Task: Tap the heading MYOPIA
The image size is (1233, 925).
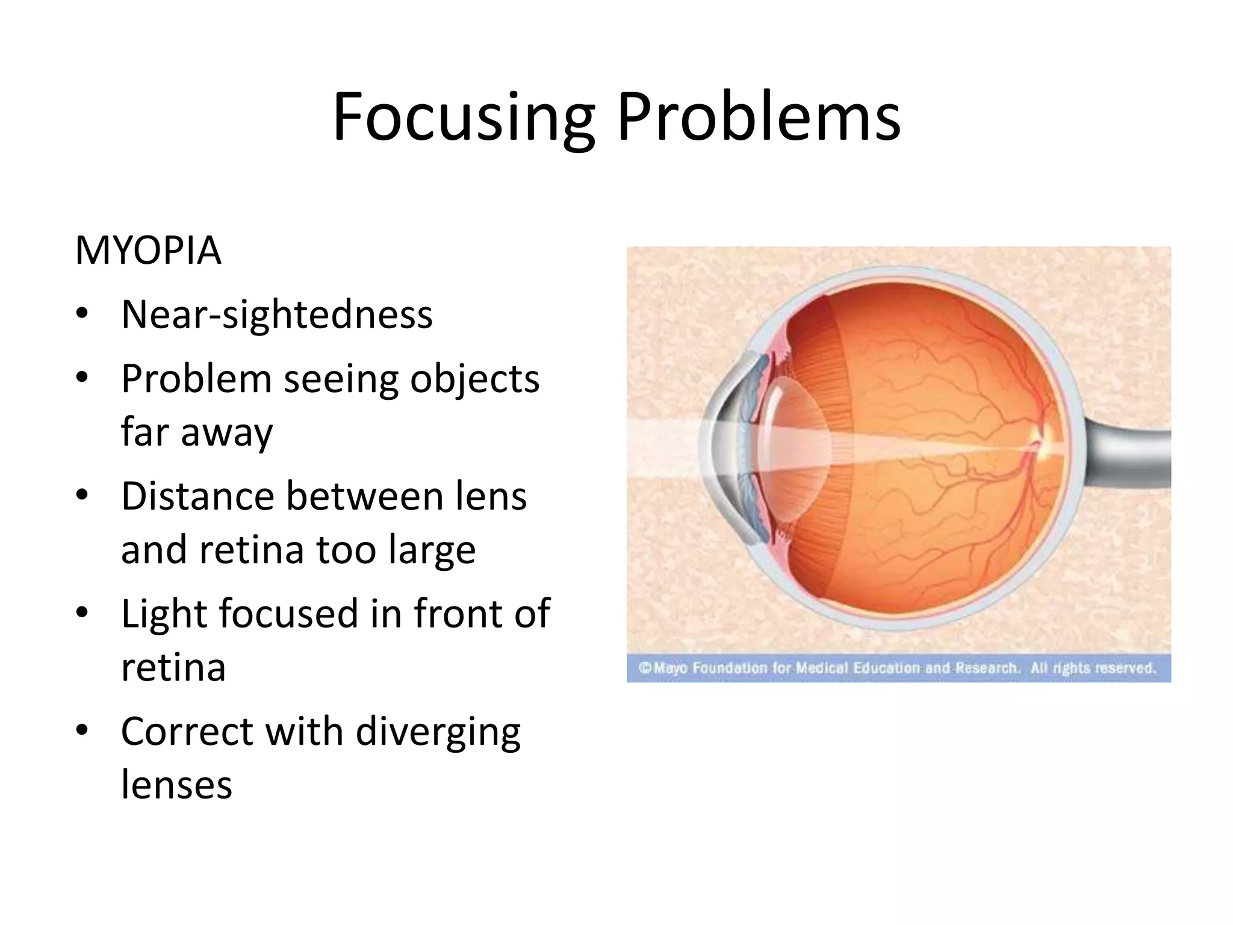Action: pos(148,250)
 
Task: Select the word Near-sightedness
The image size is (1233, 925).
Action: pos(277,315)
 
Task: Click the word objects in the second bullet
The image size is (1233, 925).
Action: pos(474,379)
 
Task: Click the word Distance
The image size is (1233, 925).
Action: pos(197,497)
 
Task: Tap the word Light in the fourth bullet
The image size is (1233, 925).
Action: pos(164,614)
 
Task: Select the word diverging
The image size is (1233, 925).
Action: pos(438,732)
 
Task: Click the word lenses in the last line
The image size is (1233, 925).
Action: pos(176,785)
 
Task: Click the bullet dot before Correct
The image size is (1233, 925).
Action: pos(82,731)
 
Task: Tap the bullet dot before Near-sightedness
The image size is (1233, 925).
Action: pos(82,314)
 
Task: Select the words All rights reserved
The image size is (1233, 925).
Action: pos(1093,668)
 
